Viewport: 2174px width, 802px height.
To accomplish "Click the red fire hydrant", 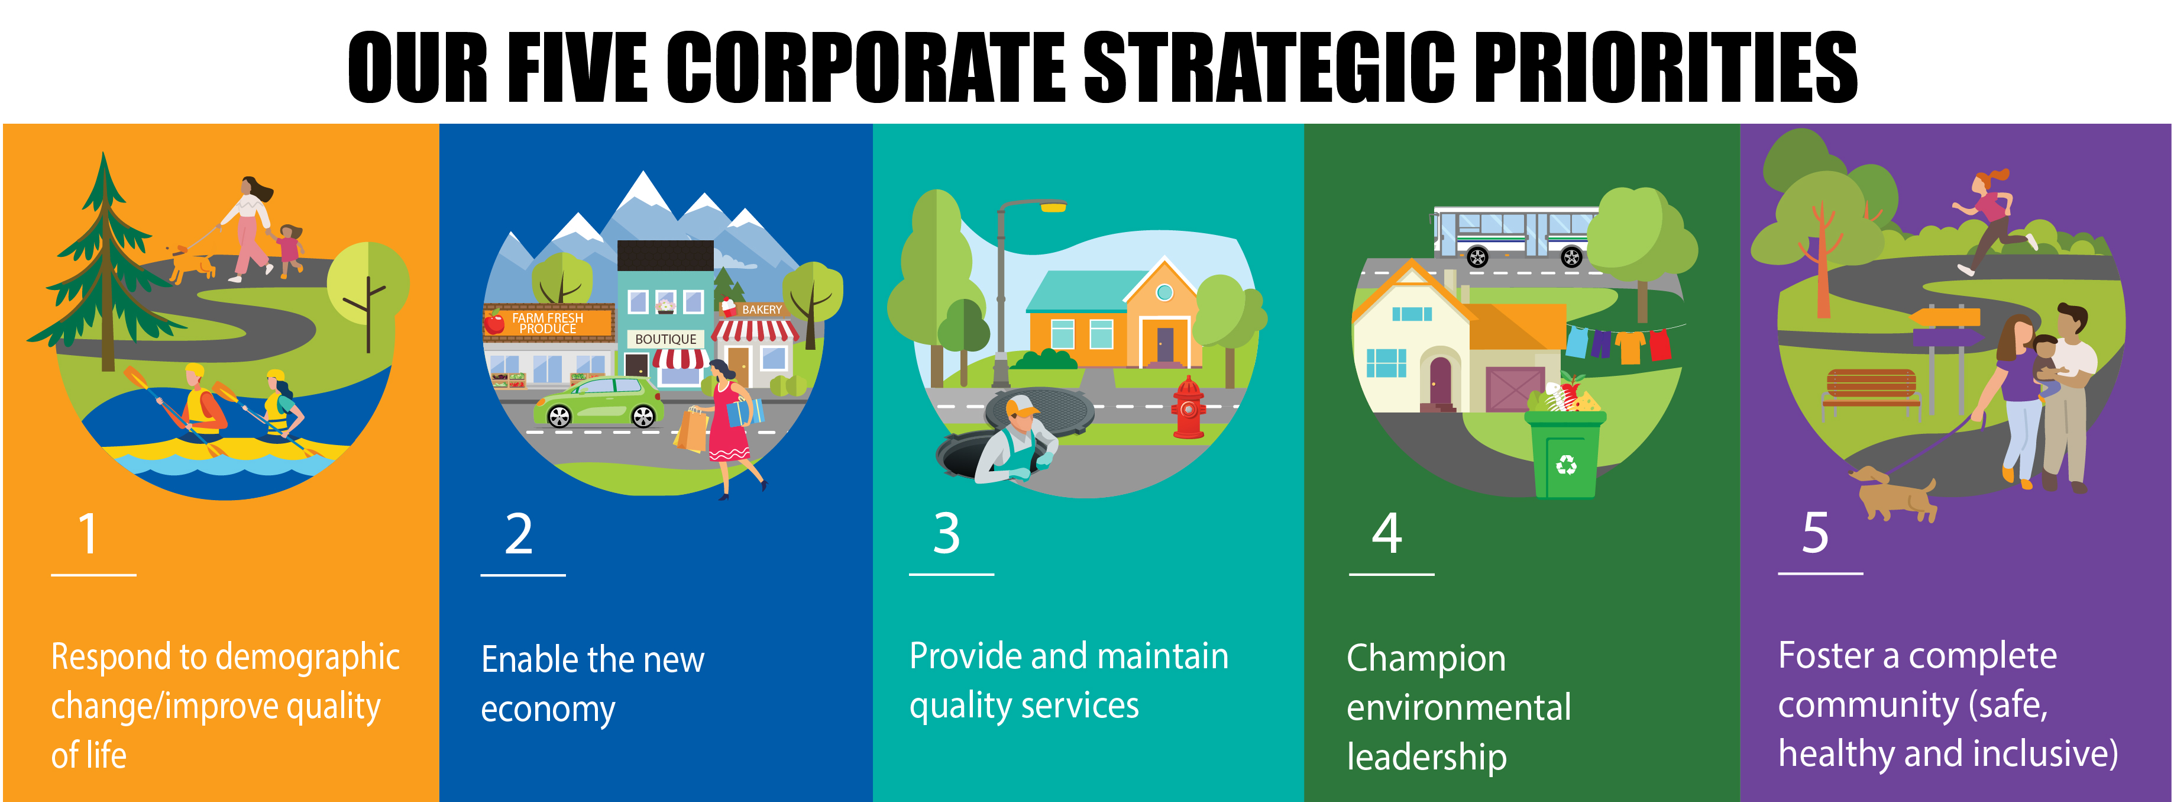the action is point(1188,408).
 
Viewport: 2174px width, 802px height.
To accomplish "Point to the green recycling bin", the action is point(1565,453).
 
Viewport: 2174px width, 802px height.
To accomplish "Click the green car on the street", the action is point(597,402).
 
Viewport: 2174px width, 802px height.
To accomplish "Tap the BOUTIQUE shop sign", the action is point(666,339).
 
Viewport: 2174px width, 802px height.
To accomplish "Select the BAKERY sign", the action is point(761,310).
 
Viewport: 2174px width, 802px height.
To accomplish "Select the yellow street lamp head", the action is point(1053,207).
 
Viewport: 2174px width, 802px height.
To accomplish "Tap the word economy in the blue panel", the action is point(548,710).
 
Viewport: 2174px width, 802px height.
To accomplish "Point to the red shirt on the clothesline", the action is point(1659,344).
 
